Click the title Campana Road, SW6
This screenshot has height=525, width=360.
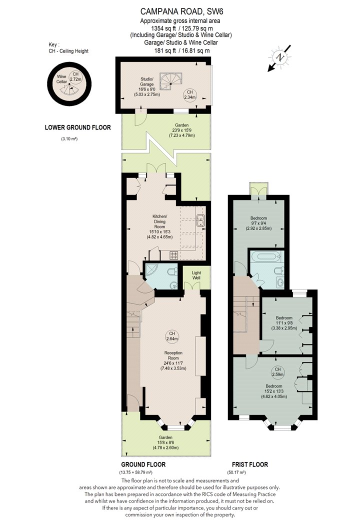pyautogui.click(x=181, y=11)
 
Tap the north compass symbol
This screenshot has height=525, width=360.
pyautogui.click(x=280, y=57)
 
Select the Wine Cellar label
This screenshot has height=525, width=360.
pyautogui.click(x=61, y=79)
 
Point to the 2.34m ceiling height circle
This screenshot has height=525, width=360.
pyautogui.click(x=190, y=94)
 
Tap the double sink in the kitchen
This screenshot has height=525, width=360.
pyautogui.click(x=200, y=220)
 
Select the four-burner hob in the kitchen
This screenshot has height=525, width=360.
pyautogui.click(x=174, y=255)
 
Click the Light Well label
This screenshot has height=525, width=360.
pyautogui.click(x=196, y=275)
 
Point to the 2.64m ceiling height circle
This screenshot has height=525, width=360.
pyautogui.click(x=172, y=336)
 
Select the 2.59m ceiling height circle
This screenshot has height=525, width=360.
pyautogui.click(x=277, y=371)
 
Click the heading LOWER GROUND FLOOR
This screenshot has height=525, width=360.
pyautogui.click(x=77, y=127)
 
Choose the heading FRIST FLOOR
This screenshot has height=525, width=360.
pyautogui.click(x=250, y=464)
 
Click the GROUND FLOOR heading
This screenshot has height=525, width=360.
pyautogui.click(x=143, y=464)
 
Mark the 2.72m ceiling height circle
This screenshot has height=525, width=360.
pyautogui.click(x=75, y=77)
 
